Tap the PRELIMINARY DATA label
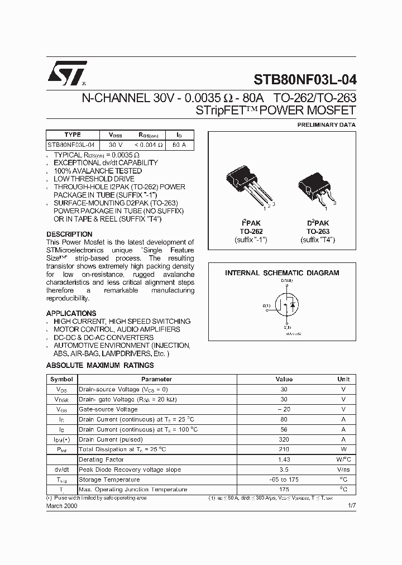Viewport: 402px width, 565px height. click(326, 125)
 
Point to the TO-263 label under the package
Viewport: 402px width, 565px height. click(318, 231)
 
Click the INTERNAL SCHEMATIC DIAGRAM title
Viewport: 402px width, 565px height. click(282, 273)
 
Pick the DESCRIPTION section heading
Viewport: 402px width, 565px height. click(69, 234)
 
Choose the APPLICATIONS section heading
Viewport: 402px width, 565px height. click(71, 313)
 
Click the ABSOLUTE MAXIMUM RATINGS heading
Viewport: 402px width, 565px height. click(100, 366)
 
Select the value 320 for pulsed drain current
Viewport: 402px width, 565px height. click(284, 439)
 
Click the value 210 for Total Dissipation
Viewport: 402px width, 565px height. click(284, 449)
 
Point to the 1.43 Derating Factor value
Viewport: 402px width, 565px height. click(284, 459)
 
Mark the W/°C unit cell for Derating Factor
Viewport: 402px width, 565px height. click(343, 459)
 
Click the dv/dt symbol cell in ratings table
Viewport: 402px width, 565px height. click(61, 470)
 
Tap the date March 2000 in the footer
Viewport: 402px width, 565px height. click(61, 505)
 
